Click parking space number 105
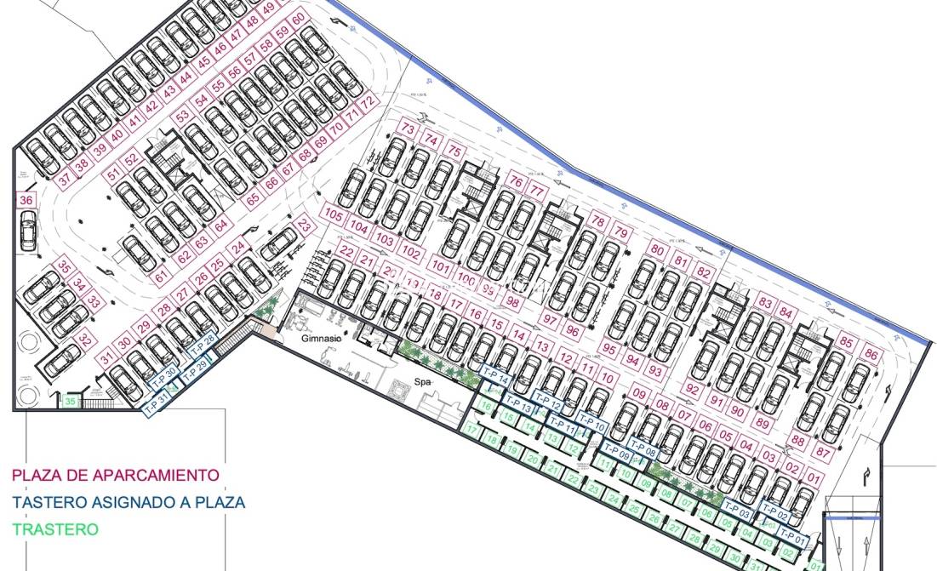[x=334, y=215]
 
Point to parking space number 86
[x=871, y=353]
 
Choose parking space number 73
[x=408, y=130]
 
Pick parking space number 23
[x=305, y=225]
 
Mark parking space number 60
[x=298, y=19]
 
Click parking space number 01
[x=812, y=479]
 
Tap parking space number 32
[x=85, y=340]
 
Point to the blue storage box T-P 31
[x=157, y=405]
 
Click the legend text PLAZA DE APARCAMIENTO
[x=115, y=476]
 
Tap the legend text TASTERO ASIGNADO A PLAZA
[x=129, y=502]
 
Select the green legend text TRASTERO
[x=55, y=529]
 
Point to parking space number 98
[x=513, y=301]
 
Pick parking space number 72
[x=368, y=102]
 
